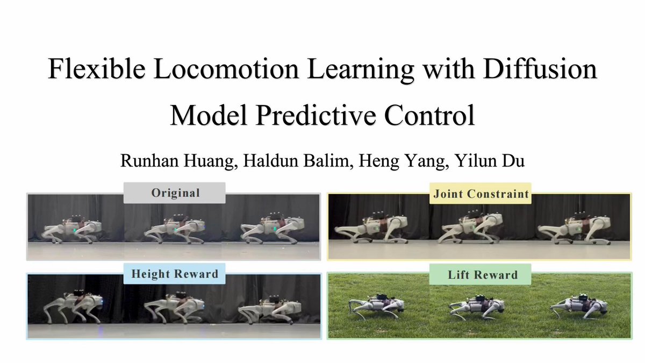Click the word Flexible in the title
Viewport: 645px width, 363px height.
point(97,69)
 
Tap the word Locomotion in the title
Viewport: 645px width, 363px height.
point(226,69)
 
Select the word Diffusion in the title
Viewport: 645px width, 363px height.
point(540,69)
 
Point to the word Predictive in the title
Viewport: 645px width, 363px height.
point(316,115)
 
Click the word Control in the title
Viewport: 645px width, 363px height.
point(429,115)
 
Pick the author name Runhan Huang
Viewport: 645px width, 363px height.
point(178,161)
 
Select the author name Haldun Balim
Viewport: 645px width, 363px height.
point(298,161)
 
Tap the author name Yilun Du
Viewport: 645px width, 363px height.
point(490,161)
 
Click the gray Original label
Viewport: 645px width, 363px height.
point(175,193)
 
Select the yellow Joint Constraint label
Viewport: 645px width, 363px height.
point(481,194)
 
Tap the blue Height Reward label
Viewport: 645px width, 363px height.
point(175,274)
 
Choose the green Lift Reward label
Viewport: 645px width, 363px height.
point(481,275)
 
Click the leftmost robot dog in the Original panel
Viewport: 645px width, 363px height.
point(72,229)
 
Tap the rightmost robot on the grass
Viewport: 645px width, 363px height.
point(582,307)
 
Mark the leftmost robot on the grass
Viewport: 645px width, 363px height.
point(376,306)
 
